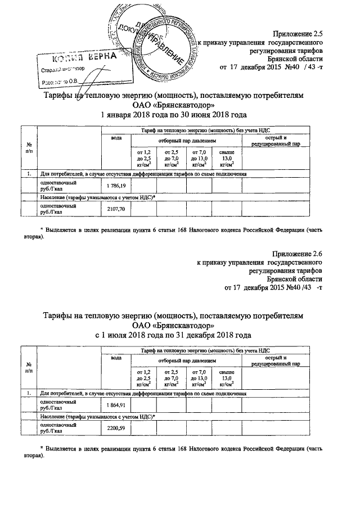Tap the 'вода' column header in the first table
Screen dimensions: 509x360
116,138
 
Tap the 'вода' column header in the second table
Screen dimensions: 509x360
116,358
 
